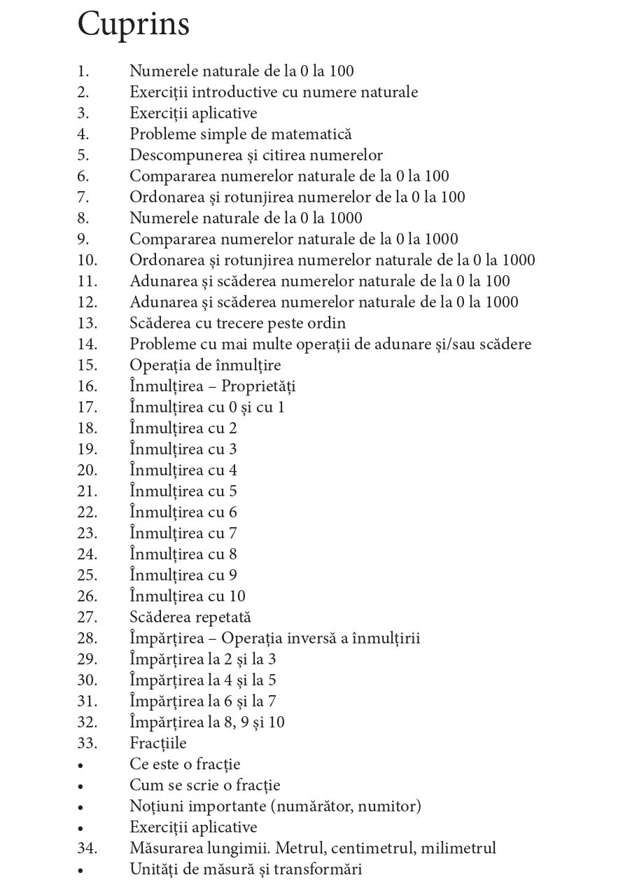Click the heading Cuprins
click(134, 24)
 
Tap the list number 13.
click(87, 323)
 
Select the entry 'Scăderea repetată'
click(190, 617)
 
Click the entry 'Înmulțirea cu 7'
click(183, 533)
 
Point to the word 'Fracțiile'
click(158, 743)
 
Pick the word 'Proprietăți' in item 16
click(258, 386)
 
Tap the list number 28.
click(87, 638)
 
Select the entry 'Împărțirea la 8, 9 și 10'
click(207, 722)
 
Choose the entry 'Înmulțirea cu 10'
click(188, 596)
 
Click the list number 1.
click(83, 71)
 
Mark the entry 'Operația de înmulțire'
click(205, 365)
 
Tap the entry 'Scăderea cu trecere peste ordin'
click(237, 323)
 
